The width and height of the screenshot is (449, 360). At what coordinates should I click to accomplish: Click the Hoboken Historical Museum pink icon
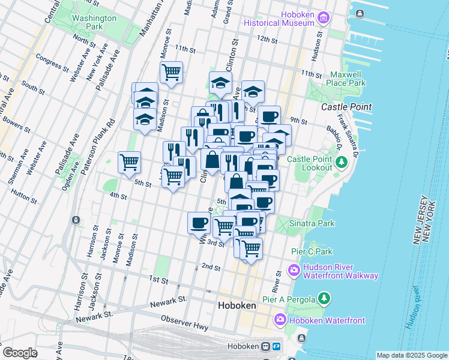coord(324,17)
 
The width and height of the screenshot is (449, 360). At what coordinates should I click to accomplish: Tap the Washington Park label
coord(94,22)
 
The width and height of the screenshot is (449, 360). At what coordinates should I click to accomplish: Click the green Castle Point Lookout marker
coord(342,162)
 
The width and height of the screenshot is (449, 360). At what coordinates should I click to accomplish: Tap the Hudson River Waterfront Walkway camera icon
coord(294,271)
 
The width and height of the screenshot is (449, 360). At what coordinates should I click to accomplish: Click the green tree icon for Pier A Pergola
coord(324,298)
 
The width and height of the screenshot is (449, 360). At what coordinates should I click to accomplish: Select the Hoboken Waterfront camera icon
coord(280,320)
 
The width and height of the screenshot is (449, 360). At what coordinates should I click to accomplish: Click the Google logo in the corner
coord(20,353)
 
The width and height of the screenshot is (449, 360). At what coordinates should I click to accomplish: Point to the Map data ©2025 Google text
coord(412,355)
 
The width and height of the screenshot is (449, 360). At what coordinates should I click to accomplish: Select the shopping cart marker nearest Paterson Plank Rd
coord(129,162)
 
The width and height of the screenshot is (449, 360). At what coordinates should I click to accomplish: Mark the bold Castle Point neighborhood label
coord(346,107)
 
